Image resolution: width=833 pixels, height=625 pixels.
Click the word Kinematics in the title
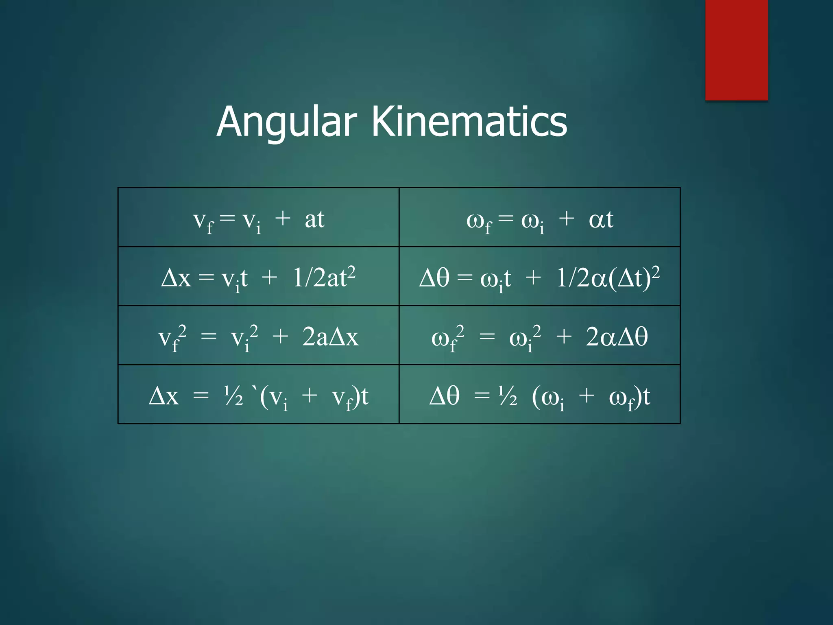469,121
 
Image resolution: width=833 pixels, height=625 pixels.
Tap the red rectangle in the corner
736,50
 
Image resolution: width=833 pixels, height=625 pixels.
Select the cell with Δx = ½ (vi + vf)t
258,394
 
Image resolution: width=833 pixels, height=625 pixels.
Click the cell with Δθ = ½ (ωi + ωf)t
539,394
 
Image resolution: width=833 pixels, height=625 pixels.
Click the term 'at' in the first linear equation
314,219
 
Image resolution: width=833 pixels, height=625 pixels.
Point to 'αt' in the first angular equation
601,219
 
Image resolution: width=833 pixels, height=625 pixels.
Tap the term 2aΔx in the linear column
330,337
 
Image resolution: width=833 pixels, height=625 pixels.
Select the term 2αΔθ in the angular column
617,337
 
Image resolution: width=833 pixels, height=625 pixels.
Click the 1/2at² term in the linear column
324,278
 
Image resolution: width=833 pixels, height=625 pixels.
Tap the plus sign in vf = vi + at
283,218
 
